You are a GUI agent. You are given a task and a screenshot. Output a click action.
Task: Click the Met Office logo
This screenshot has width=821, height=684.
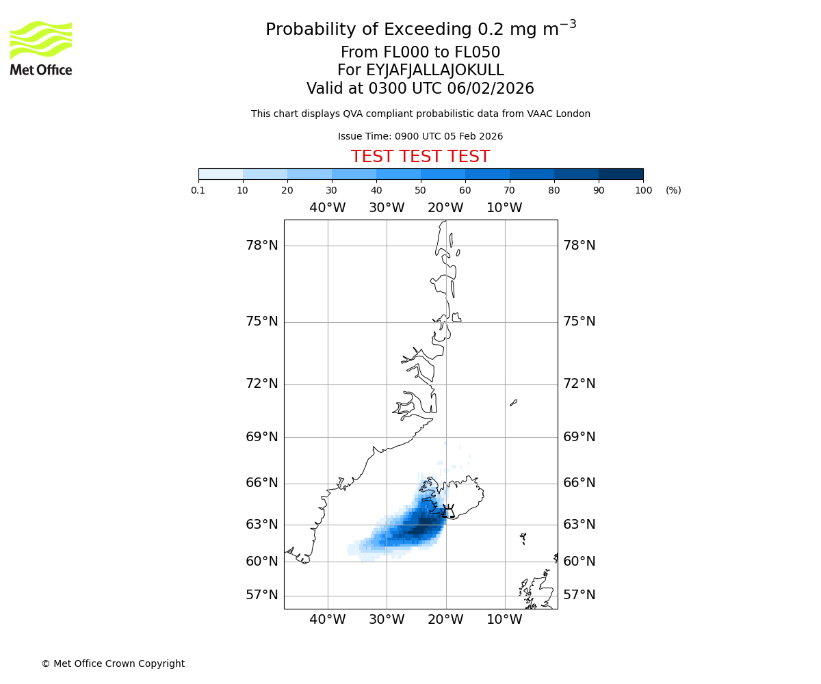tap(41, 48)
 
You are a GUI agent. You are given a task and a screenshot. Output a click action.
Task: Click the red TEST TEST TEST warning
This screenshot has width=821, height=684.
tap(420, 157)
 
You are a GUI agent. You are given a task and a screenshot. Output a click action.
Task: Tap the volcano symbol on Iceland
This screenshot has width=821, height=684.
tap(447, 511)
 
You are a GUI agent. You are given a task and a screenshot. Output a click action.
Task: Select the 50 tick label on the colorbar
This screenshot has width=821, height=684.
tap(421, 191)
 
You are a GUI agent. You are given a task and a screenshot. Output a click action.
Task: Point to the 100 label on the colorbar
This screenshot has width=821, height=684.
tap(643, 191)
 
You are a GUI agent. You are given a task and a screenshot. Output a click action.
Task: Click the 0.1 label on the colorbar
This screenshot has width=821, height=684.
tap(198, 191)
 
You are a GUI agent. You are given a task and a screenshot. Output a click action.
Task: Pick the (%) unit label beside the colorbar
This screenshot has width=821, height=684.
tap(673, 191)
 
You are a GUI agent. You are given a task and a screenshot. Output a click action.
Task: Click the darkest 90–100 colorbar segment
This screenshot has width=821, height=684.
tap(621, 174)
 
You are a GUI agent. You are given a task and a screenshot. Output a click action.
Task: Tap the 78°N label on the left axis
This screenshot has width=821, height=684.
tap(262, 246)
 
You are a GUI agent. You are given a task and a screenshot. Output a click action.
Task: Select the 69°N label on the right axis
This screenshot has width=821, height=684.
tap(579, 437)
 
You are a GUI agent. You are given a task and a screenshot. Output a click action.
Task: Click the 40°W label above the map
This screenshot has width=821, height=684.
tap(328, 208)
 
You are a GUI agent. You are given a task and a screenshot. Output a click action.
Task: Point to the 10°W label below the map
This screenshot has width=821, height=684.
tap(505, 620)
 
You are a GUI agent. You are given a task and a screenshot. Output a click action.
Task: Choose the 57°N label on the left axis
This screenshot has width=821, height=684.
tap(262, 595)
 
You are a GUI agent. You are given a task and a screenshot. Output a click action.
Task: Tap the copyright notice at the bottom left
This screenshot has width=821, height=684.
tap(113, 663)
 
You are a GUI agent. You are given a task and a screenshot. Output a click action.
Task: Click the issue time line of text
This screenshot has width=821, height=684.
tap(420, 136)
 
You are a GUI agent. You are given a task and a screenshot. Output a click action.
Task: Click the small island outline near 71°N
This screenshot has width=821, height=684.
tap(513, 403)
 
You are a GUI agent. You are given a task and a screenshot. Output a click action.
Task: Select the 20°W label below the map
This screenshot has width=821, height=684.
tap(445, 620)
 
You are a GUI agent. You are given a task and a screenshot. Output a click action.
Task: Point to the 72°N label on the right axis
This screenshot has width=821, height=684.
tap(579, 384)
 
